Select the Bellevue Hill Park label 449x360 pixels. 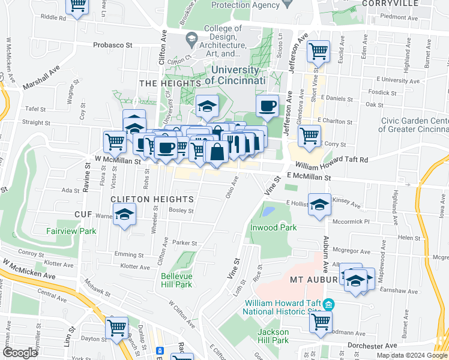[x=176, y=280]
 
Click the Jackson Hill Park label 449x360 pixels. [x=274, y=336]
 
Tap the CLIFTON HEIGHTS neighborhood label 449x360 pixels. [x=151, y=199]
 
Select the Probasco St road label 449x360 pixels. [x=112, y=45]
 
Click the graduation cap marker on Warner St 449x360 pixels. [x=124, y=215]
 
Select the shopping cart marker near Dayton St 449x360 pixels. [x=116, y=328]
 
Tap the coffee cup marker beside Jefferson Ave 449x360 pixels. [x=267, y=106]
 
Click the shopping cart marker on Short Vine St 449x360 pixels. [x=318, y=52]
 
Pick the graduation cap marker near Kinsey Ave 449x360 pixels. [x=320, y=204]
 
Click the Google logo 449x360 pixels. [x=19, y=353]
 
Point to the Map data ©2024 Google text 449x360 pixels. [x=412, y=355]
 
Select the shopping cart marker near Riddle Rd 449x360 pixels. [x=77, y=6]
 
